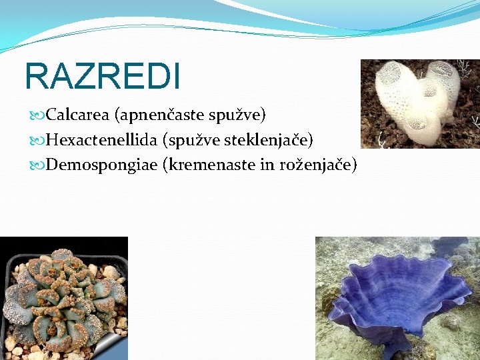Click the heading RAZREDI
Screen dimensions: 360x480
tap(102, 76)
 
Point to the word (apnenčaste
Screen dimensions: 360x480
tap(157, 115)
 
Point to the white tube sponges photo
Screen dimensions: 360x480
tap(420, 103)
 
